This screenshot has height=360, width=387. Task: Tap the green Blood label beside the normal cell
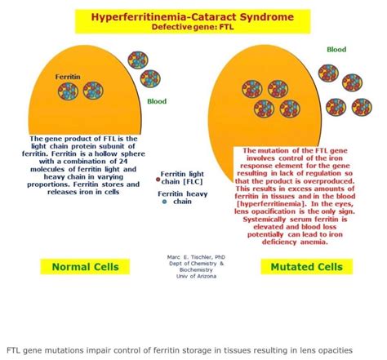pos(156,102)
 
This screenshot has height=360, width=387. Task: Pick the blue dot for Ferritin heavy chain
pos(165,200)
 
